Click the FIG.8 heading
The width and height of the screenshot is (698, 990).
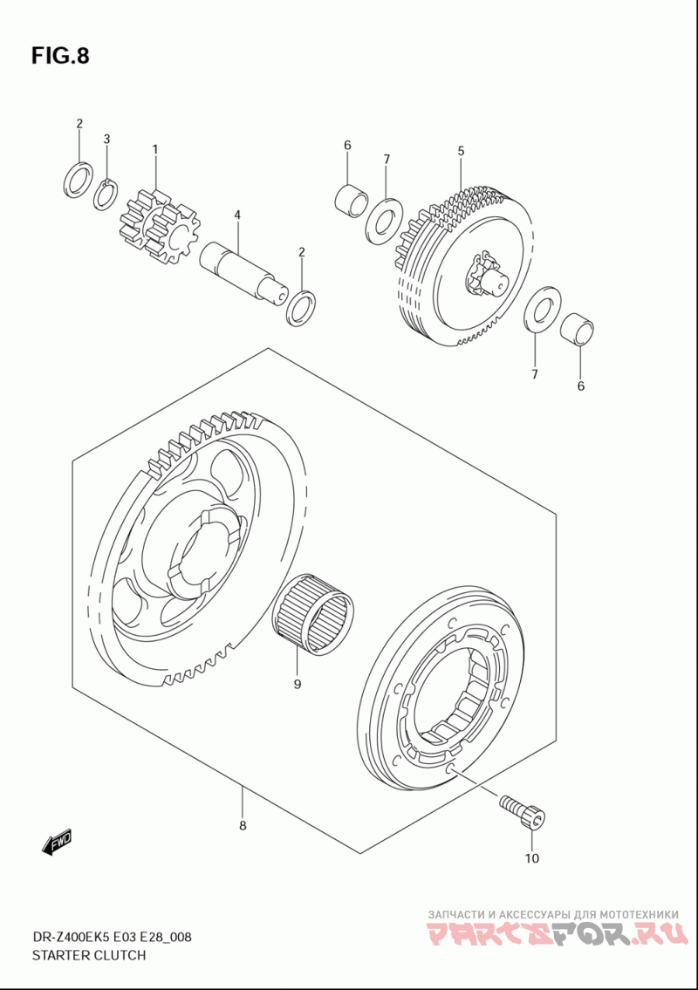pos(60,56)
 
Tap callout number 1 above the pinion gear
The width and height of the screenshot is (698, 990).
pos(154,150)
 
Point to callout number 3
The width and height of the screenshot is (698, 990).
pos(106,139)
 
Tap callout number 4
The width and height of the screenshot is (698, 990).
pos(236,215)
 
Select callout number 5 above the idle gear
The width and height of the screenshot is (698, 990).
pos(461,151)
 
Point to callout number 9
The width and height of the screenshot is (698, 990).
pos(297,685)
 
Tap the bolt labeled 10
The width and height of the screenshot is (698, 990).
pos(523,810)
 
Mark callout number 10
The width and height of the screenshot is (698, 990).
pos(531,859)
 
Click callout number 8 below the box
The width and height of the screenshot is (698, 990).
pos(243,825)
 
